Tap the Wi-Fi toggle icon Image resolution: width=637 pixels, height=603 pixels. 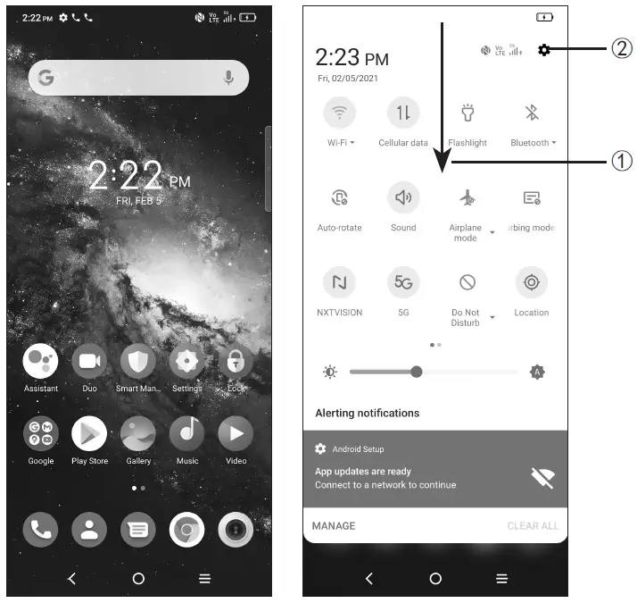click(x=339, y=113)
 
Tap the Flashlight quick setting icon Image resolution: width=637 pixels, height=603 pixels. click(x=467, y=113)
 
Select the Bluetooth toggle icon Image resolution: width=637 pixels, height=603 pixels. click(x=532, y=113)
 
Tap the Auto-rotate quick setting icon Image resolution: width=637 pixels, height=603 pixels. click(x=339, y=198)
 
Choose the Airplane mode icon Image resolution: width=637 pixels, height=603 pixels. click(x=467, y=198)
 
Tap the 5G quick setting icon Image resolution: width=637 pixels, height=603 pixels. click(x=403, y=283)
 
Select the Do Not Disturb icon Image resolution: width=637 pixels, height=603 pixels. click(x=467, y=283)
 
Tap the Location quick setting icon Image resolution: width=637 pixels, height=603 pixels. click(x=532, y=283)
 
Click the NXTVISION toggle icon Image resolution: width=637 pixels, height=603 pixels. click(x=339, y=283)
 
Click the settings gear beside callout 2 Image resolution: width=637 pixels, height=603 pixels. click(x=544, y=51)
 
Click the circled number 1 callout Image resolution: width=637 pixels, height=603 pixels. click(x=621, y=163)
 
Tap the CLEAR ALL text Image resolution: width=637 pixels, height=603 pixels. click(x=533, y=526)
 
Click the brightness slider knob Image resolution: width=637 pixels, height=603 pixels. click(x=416, y=372)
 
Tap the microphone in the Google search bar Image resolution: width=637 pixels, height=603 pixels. click(x=229, y=79)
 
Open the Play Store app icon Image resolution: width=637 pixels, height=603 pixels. click(x=89, y=433)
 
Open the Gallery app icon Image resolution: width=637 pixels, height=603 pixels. click(x=138, y=433)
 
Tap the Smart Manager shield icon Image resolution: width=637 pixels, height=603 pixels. click(x=138, y=361)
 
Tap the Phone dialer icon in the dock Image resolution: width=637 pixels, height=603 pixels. click(x=40, y=531)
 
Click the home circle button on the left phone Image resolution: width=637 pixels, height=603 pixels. click(x=138, y=579)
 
